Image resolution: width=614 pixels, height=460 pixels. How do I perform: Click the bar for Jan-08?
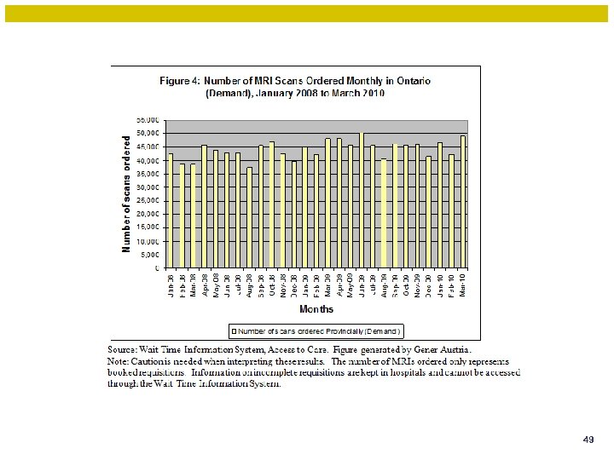[171, 210]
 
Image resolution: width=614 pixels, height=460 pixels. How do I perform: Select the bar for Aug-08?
[249, 217]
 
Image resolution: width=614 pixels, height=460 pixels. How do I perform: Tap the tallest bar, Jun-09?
[361, 200]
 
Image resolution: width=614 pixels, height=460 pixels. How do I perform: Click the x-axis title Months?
[316, 309]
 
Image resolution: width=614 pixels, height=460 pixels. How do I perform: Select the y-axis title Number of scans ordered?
[126, 194]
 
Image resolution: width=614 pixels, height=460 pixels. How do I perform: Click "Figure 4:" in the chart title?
[180, 81]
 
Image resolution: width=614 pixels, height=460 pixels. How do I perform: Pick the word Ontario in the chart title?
[413, 81]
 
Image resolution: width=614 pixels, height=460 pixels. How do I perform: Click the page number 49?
[588, 440]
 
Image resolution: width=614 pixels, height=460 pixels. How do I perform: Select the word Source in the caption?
[121, 349]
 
